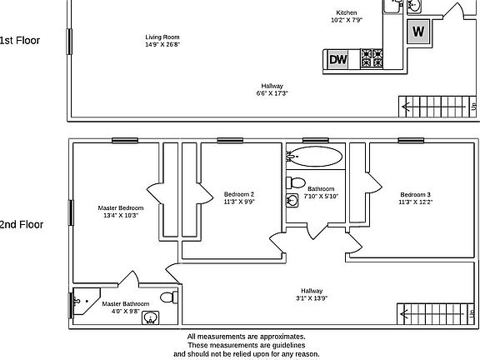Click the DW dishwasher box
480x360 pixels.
click(x=337, y=59)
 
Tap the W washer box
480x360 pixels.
click(x=418, y=33)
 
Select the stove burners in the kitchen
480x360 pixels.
click(x=371, y=58)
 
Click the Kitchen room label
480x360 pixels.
click(x=347, y=12)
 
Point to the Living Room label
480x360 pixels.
click(x=162, y=37)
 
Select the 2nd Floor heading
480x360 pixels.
click(x=21, y=224)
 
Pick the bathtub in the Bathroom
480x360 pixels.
click(x=314, y=157)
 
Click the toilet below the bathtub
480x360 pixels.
click(x=295, y=182)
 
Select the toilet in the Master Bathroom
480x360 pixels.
click(x=168, y=297)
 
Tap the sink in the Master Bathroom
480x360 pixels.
click(x=150, y=317)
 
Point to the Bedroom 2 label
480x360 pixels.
click(x=238, y=194)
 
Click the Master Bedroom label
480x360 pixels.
click(x=120, y=207)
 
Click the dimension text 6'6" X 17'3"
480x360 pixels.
click(x=272, y=93)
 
